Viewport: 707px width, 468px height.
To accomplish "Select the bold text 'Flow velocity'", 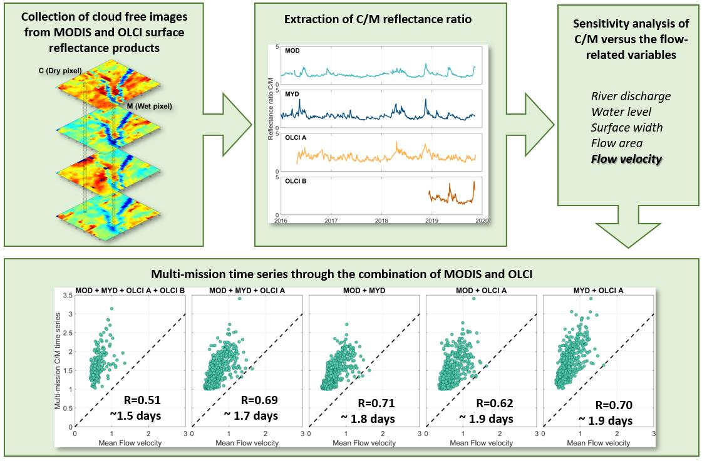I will point(626,159).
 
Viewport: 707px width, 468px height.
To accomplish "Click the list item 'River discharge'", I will point(631,96).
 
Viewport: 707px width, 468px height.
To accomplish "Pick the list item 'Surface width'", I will point(626,128).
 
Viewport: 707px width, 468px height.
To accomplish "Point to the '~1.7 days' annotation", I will point(250,415).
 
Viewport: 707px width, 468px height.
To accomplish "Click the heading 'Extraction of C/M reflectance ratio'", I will point(378,19).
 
